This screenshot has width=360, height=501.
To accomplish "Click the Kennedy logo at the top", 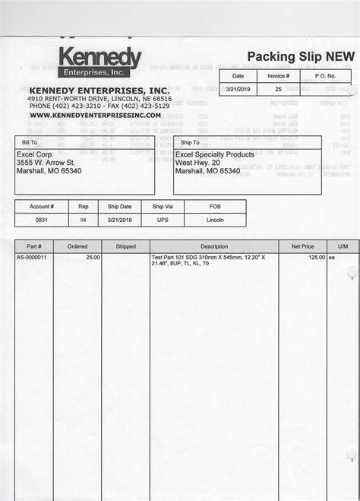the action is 99,62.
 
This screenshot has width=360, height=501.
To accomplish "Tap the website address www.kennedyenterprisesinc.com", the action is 95,115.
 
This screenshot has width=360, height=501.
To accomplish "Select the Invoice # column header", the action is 278,76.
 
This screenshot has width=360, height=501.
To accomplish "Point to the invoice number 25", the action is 278,89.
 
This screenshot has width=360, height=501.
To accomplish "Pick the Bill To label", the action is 29,142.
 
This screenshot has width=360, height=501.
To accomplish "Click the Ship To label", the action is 191,142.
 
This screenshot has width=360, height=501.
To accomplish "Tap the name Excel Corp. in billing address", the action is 35,153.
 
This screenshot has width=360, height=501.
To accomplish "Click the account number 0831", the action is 42,219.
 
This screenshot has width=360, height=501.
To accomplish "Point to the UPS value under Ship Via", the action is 163,219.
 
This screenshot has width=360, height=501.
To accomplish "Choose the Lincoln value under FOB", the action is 215,219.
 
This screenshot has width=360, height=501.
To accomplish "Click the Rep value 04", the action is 84,219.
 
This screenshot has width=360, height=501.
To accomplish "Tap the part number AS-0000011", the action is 32,258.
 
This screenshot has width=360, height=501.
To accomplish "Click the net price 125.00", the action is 315,258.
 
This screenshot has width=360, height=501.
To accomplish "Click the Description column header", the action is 214,246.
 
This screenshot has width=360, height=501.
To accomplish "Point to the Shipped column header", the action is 125,246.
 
